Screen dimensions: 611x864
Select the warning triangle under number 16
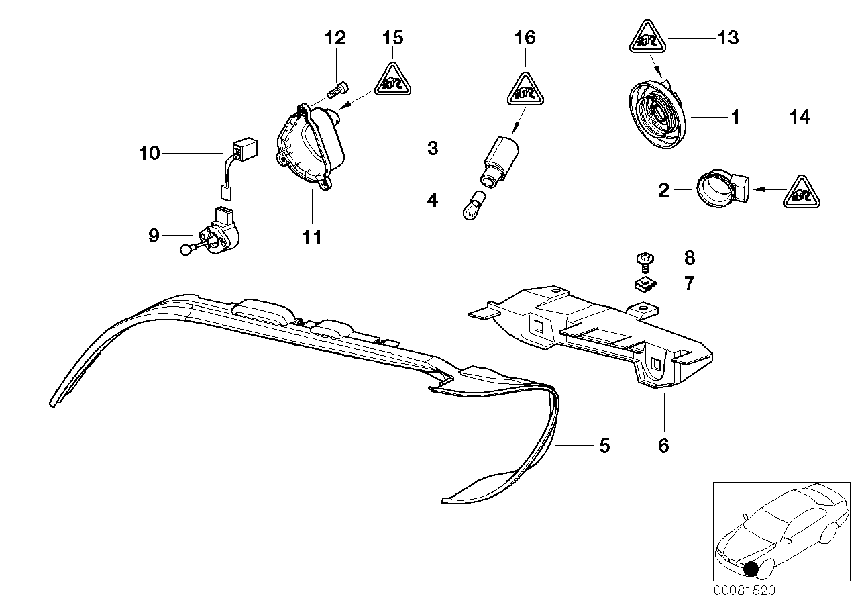[525, 88]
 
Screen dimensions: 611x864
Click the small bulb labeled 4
[471, 205]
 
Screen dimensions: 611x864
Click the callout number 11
[313, 236]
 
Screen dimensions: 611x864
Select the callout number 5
[604, 445]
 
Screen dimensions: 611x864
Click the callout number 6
[663, 445]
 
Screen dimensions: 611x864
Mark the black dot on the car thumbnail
[752, 569]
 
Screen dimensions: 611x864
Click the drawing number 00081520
[744, 591]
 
